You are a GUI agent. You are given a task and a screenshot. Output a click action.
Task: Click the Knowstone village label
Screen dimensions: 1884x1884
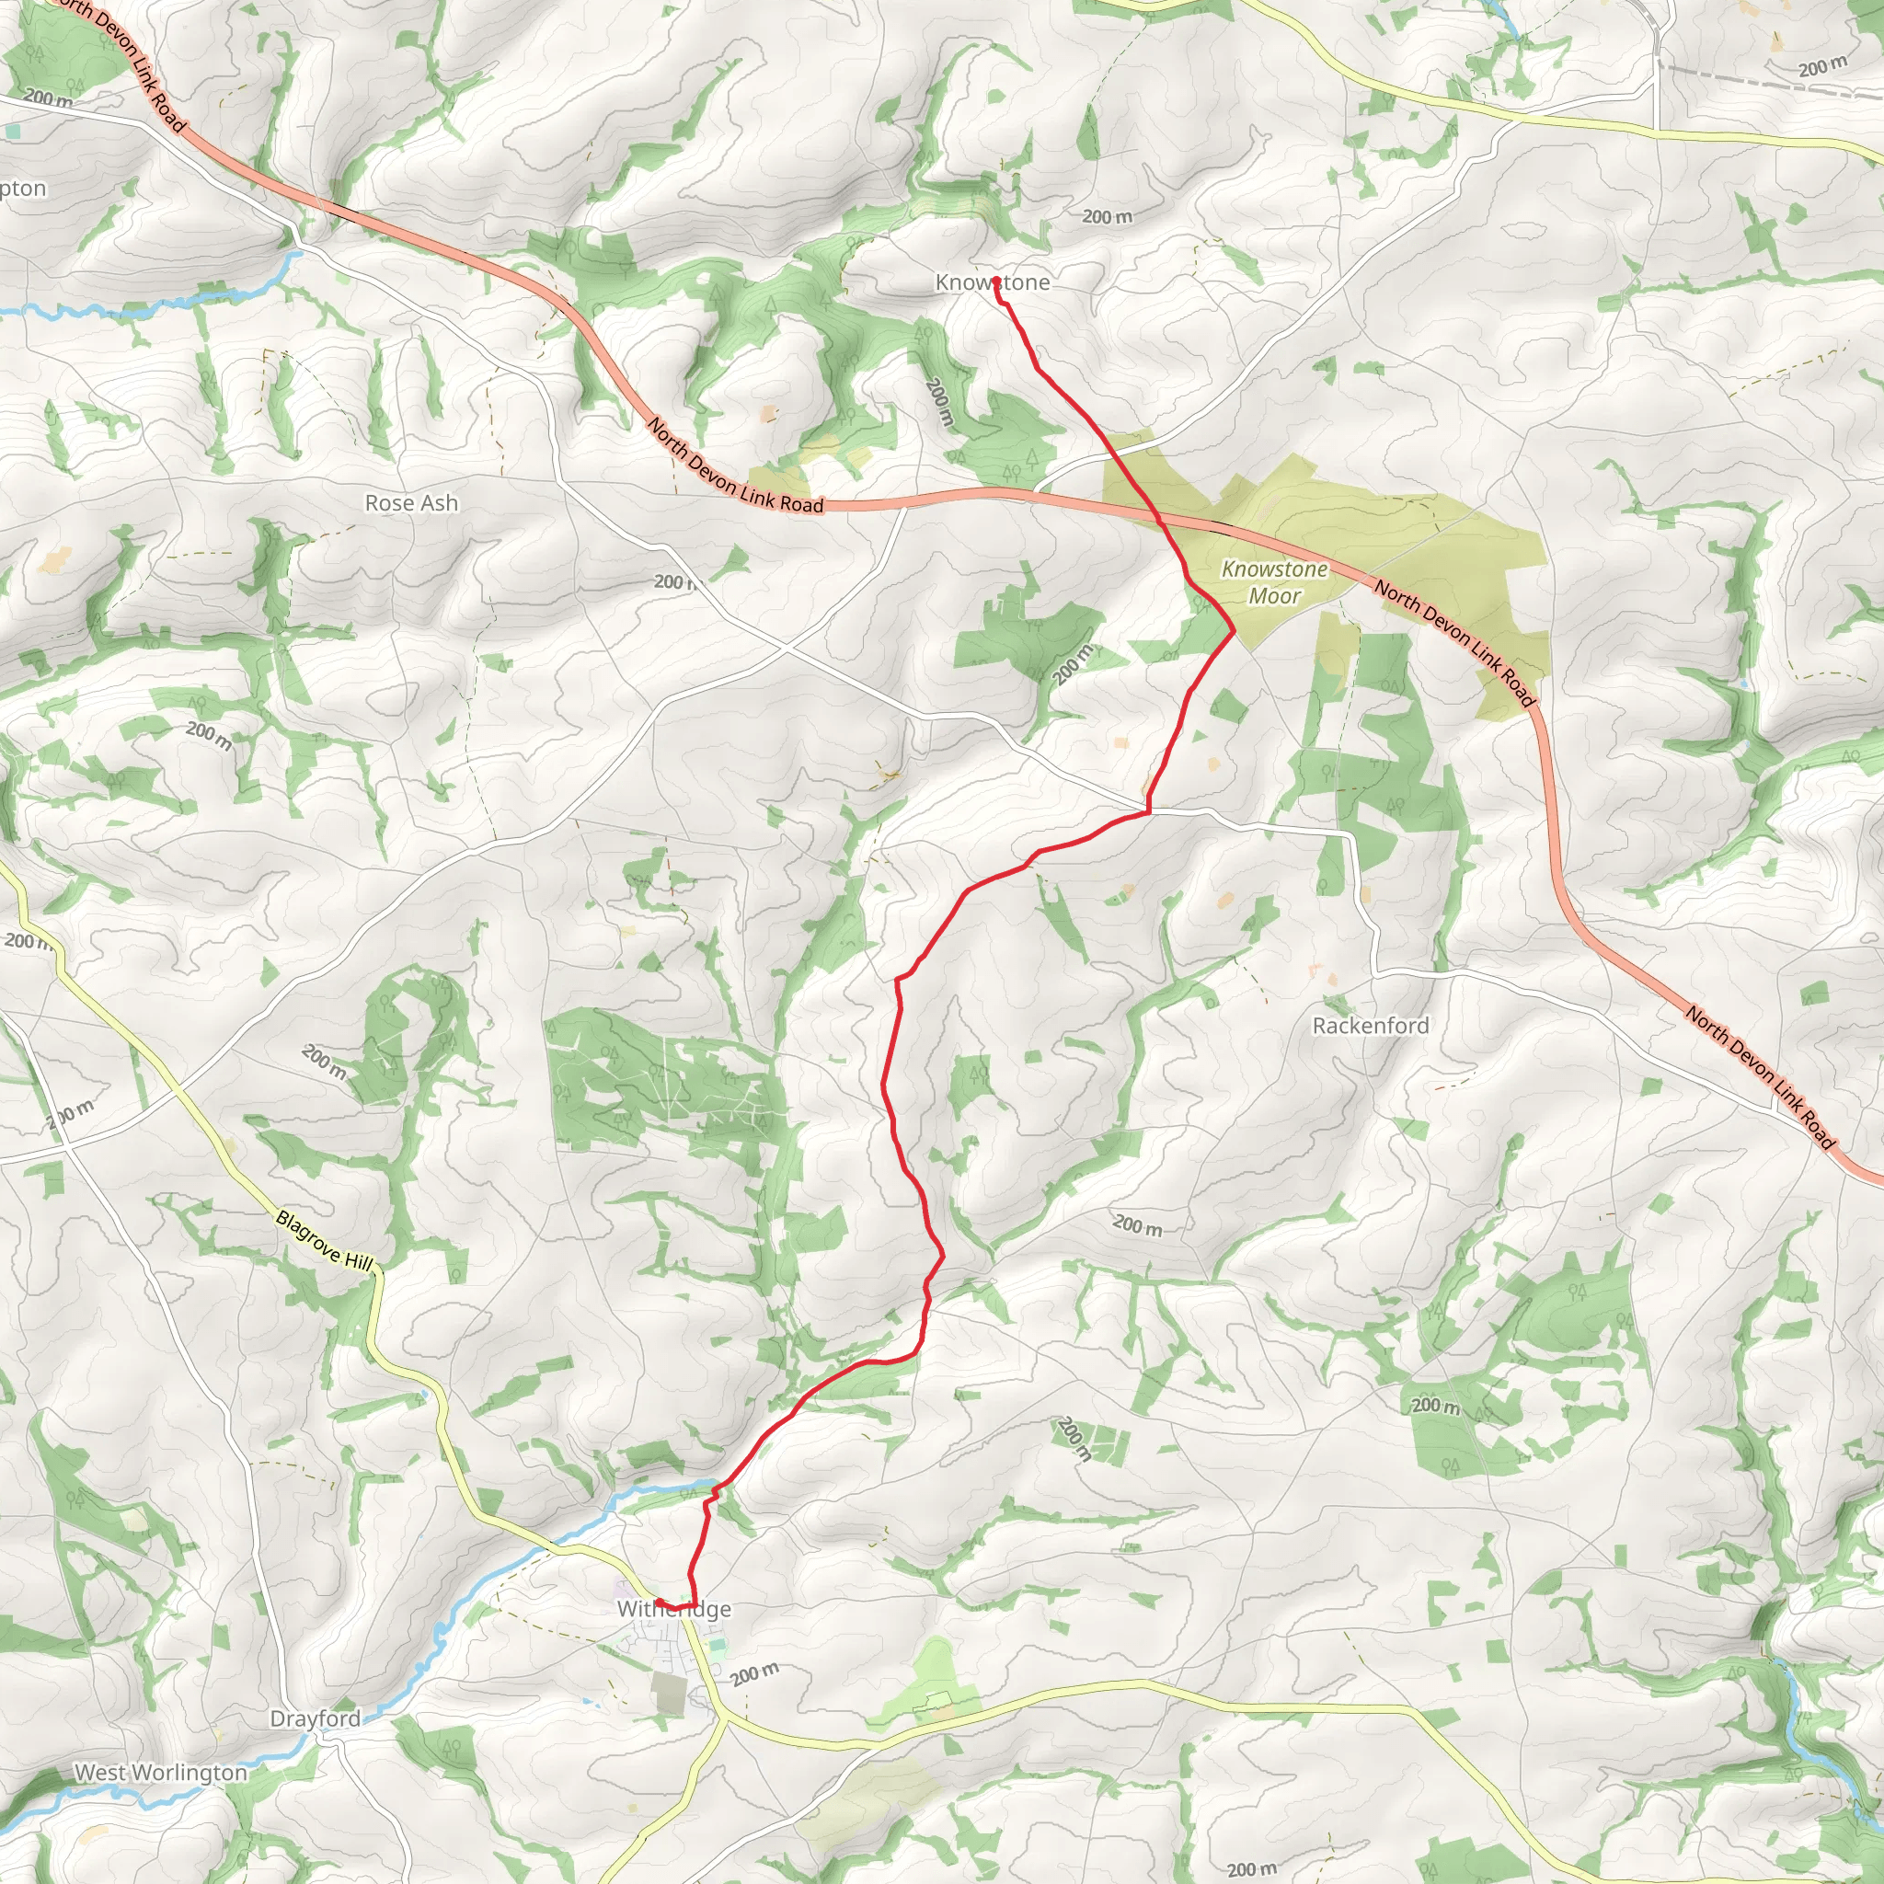tap(992, 282)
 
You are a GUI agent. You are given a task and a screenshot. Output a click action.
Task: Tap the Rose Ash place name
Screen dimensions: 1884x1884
tap(410, 503)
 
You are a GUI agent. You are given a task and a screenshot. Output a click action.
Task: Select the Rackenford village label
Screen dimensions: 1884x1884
tap(1370, 1026)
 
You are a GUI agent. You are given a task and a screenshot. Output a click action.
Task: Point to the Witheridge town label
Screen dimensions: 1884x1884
tap(673, 1609)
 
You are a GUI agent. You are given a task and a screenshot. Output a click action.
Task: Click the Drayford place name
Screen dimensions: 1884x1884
tap(315, 1718)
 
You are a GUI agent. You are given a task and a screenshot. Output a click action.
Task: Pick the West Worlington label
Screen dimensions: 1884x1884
tap(161, 1772)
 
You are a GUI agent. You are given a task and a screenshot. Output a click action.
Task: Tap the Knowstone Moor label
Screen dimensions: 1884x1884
tap(1274, 582)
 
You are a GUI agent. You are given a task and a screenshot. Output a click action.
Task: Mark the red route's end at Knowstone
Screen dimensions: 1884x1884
tap(995, 281)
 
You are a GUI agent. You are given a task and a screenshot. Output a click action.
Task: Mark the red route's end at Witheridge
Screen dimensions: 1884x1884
tap(659, 1602)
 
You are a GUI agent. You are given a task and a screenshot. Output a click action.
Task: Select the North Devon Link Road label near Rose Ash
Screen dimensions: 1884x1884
tap(735, 467)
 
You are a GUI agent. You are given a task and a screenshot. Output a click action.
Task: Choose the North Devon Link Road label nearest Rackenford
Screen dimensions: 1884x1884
tap(1760, 1077)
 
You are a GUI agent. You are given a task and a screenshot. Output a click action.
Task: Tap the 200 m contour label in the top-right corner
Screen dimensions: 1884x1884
tap(1821, 67)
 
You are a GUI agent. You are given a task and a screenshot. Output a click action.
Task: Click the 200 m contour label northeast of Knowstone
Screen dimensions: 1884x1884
tap(1107, 216)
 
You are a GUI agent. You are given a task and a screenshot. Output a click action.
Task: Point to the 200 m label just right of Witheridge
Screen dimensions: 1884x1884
tap(754, 1674)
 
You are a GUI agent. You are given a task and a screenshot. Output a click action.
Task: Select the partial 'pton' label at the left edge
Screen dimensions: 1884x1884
tap(22, 189)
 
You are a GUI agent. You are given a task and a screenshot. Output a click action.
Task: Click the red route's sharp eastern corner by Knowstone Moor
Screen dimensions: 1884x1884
tap(1234, 633)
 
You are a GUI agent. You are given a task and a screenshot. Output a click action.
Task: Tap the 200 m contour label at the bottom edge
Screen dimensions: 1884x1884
tap(1251, 1868)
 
